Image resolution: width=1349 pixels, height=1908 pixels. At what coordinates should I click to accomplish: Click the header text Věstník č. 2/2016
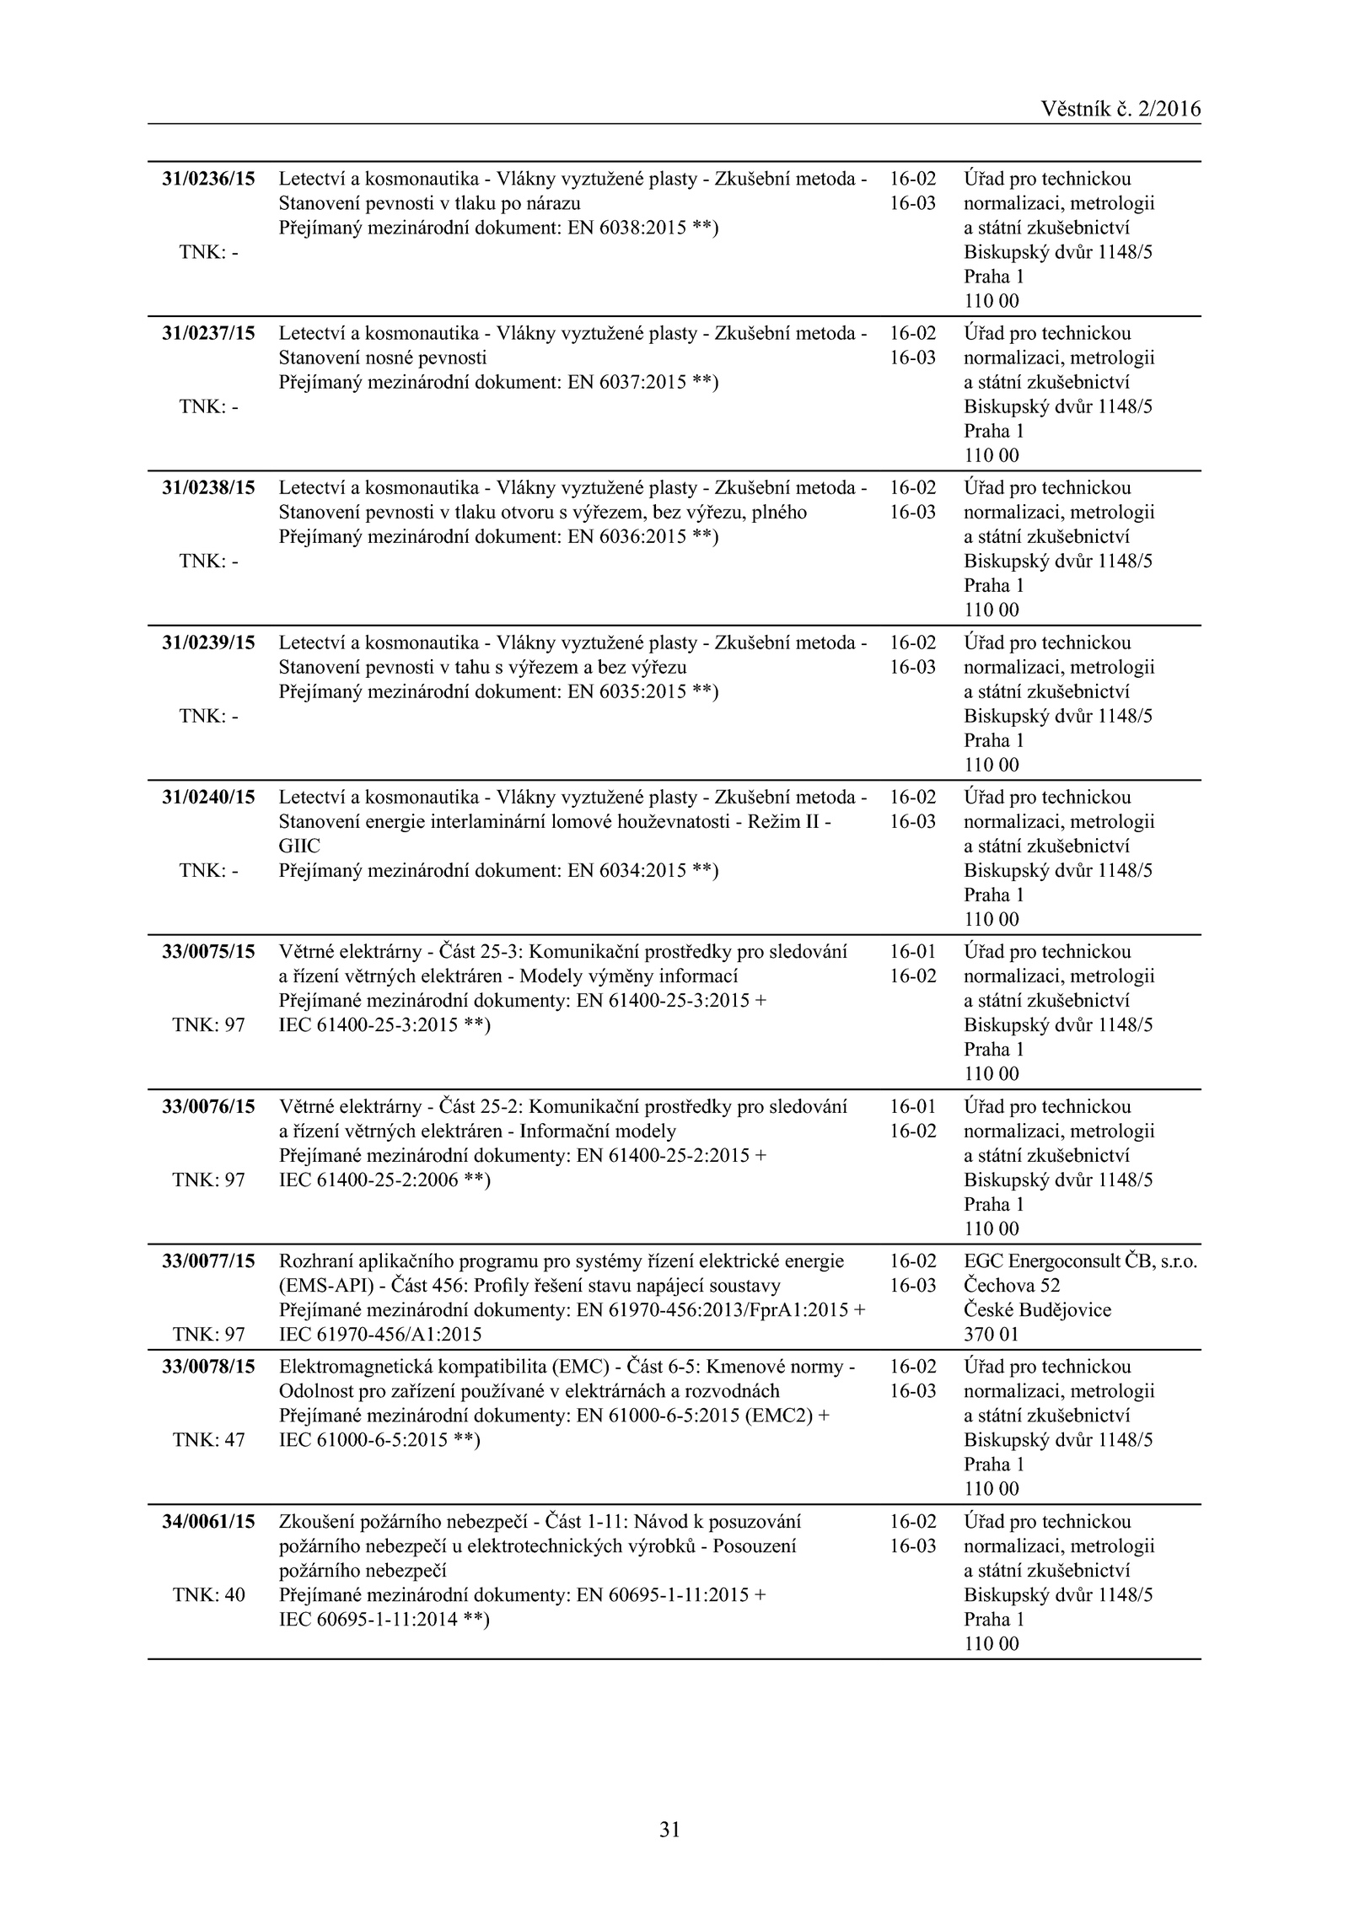pos(1120,109)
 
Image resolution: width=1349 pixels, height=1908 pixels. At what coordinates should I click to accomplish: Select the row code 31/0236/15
pos(208,179)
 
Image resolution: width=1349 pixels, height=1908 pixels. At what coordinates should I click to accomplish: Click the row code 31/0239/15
pos(208,642)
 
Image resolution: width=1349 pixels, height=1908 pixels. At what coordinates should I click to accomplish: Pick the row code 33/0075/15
pos(208,952)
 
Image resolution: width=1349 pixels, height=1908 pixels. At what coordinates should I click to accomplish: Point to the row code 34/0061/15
pos(208,1522)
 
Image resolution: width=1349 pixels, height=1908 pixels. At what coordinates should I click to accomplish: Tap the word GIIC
pos(299,846)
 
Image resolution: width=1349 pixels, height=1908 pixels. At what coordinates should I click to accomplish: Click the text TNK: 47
pos(208,1439)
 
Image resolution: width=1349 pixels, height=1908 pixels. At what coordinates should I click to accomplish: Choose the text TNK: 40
pos(208,1594)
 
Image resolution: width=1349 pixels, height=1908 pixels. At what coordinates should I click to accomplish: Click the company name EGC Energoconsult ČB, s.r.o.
pos(1080,1261)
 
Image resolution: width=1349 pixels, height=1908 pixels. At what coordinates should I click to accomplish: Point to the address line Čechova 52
pos(1012,1286)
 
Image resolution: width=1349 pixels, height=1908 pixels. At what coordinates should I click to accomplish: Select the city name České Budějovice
pos(1037,1310)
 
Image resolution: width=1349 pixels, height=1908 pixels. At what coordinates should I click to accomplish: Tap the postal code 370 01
pos(991,1335)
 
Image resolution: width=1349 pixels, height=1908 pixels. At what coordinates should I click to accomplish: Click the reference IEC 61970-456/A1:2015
pos(380,1335)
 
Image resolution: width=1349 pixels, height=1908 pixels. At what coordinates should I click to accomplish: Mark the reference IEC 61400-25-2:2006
pos(368,1180)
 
